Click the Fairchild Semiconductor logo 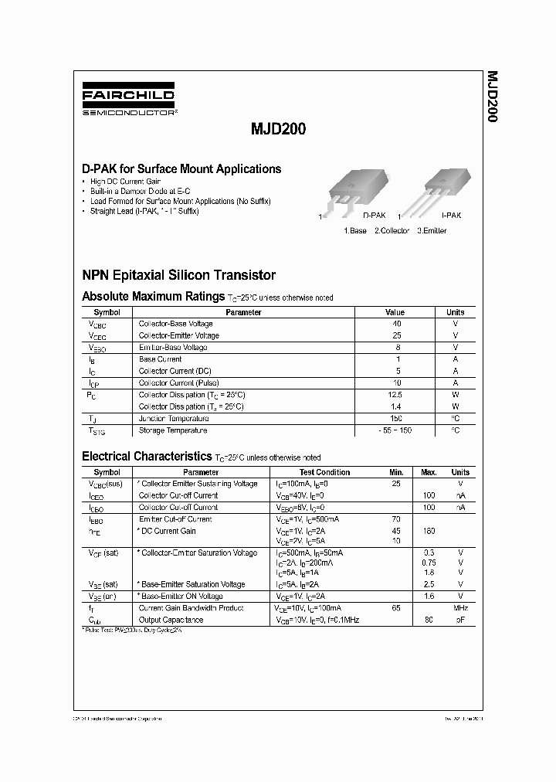[x=129, y=101]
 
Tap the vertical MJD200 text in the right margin [x=491, y=97]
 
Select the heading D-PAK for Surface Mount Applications [x=181, y=169]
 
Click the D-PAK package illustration [x=353, y=192]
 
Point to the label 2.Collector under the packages [x=392, y=231]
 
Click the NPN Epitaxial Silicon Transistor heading [x=178, y=275]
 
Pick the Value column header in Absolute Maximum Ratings [x=395, y=312]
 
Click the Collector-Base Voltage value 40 [x=397, y=324]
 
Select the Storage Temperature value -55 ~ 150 [x=397, y=430]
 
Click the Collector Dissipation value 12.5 [x=397, y=395]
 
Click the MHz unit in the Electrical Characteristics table [x=460, y=609]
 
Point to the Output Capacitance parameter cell [x=171, y=620]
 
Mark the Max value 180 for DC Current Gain [x=429, y=531]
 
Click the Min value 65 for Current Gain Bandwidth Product [x=396, y=609]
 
